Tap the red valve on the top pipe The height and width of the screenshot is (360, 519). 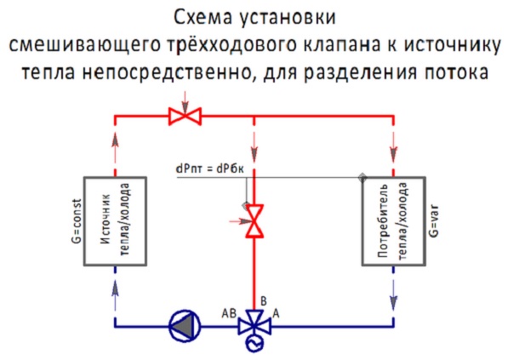coord(181,114)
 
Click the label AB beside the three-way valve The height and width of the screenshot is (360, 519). coord(228,311)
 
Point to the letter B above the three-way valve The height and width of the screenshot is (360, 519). coord(264,300)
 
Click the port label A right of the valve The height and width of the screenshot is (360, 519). coord(276,312)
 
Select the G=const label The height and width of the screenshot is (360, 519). coord(76,221)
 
